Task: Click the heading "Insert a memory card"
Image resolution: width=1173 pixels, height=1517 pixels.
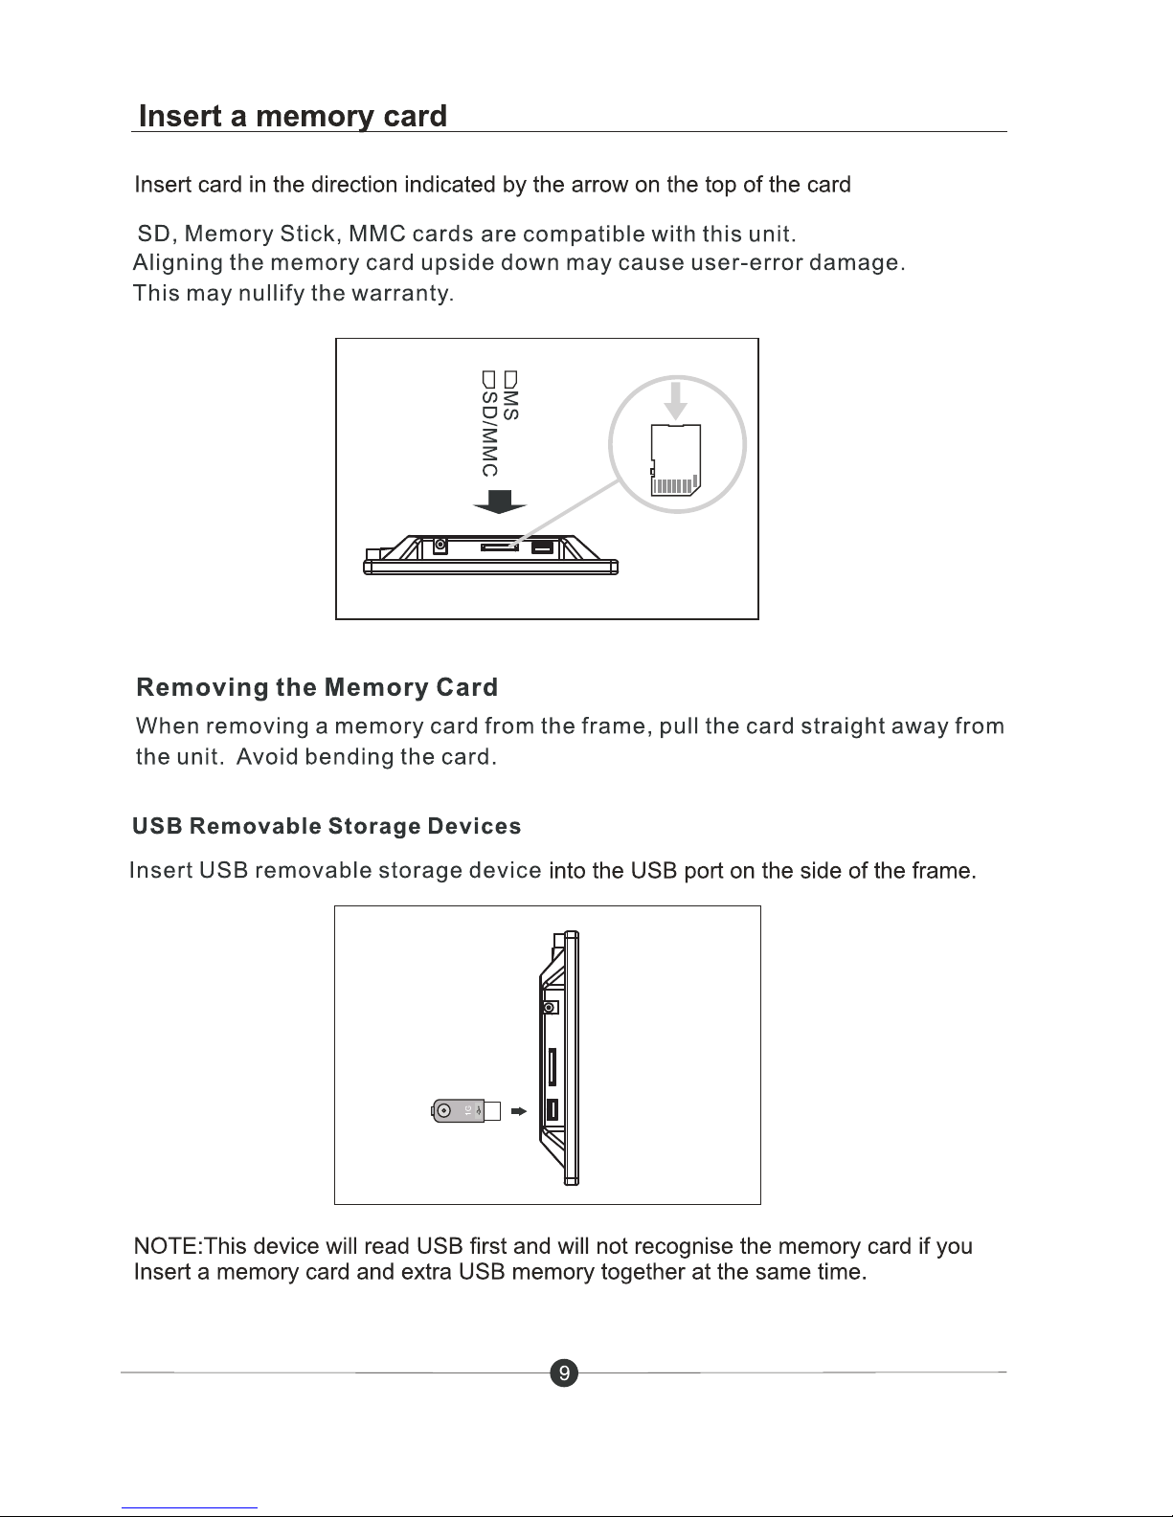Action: pyautogui.click(x=293, y=116)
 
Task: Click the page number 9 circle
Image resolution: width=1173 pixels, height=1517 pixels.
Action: pyautogui.click(x=564, y=1372)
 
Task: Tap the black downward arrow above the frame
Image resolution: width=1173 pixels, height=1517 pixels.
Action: pyautogui.click(x=499, y=502)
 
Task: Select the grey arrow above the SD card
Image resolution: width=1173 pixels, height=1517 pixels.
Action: pyautogui.click(x=675, y=401)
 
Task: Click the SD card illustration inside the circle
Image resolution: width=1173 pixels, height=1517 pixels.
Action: pyautogui.click(x=675, y=459)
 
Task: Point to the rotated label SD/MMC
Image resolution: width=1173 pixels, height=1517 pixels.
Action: pyautogui.click(x=489, y=424)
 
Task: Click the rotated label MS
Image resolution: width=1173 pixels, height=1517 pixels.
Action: pyautogui.click(x=511, y=396)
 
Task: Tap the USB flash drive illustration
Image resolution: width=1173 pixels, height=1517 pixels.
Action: pyautogui.click(x=466, y=1110)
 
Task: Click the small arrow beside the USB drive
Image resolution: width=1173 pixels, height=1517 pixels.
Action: pyautogui.click(x=519, y=1111)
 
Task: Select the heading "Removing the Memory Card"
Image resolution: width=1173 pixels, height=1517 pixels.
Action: pyautogui.click(x=317, y=687)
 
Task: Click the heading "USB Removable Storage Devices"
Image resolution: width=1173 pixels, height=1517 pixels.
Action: pyautogui.click(x=327, y=826)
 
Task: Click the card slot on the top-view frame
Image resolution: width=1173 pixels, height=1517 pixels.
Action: pyautogui.click(x=499, y=547)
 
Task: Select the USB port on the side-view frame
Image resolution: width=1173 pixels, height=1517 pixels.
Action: pyautogui.click(x=552, y=1109)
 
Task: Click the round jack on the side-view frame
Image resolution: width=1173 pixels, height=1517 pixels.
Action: pyautogui.click(x=551, y=1008)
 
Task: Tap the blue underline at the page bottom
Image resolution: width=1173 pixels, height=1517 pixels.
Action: pyautogui.click(x=190, y=1508)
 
